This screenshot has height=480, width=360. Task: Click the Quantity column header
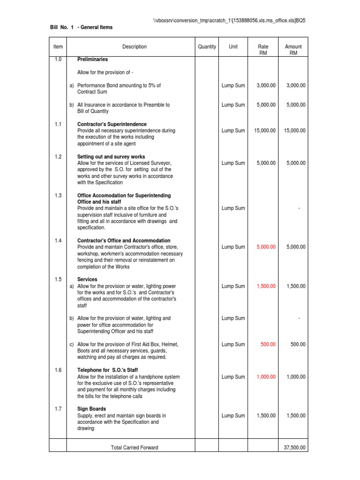click(x=207, y=47)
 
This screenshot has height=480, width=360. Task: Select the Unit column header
click(x=233, y=47)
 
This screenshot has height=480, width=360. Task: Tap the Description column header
click(x=135, y=47)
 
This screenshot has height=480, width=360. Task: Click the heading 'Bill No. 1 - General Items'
click(x=81, y=27)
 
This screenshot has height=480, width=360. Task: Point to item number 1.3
click(x=58, y=195)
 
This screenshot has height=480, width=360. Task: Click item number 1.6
click(x=58, y=370)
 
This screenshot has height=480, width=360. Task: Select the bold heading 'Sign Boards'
click(x=91, y=409)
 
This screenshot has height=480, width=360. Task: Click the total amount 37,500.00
click(x=295, y=448)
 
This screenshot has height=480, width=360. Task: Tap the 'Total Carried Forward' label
click(x=135, y=448)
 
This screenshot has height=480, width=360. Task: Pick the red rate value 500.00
click(x=269, y=345)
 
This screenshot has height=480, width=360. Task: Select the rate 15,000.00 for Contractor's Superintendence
click(x=265, y=131)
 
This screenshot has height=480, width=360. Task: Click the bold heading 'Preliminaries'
click(x=92, y=60)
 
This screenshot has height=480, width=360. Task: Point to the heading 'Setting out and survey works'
click(x=111, y=157)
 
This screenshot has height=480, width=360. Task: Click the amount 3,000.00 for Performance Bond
click(x=295, y=85)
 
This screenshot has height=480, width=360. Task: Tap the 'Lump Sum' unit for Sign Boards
click(x=233, y=416)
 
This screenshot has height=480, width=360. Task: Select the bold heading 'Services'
click(x=87, y=279)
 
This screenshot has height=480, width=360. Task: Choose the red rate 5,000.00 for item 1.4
click(x=265, y=247)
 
